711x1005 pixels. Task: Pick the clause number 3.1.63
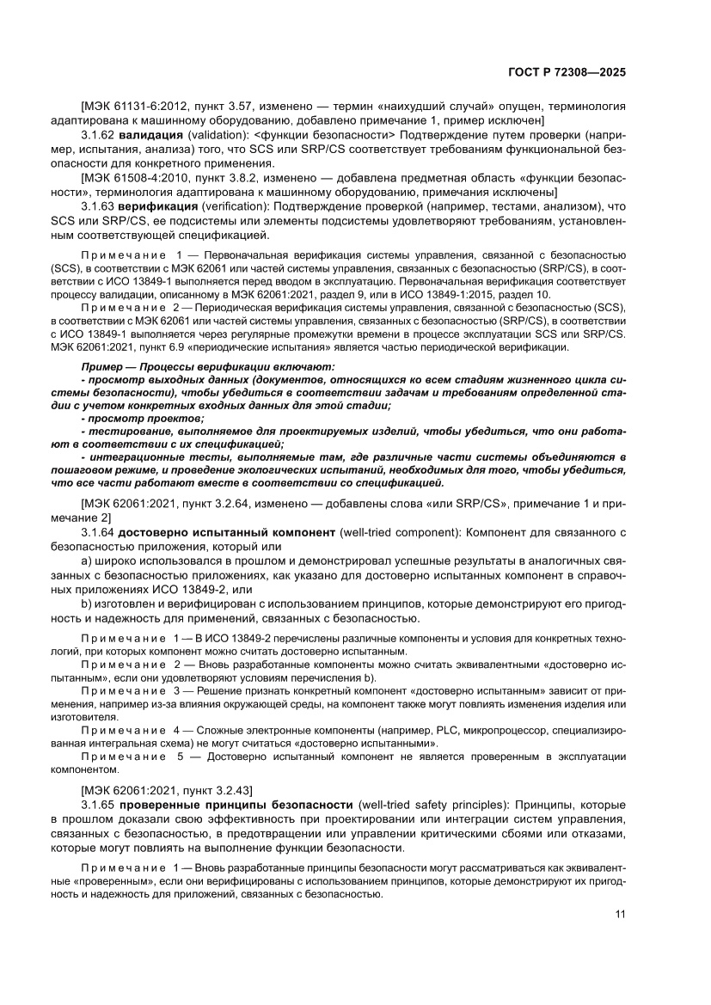pyautogui.click(x=97, y=207)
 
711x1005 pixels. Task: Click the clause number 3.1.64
pyautogui.click(x=97, y=533)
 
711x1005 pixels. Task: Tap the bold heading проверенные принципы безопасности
pyautogui.click(x=236, y=804)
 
